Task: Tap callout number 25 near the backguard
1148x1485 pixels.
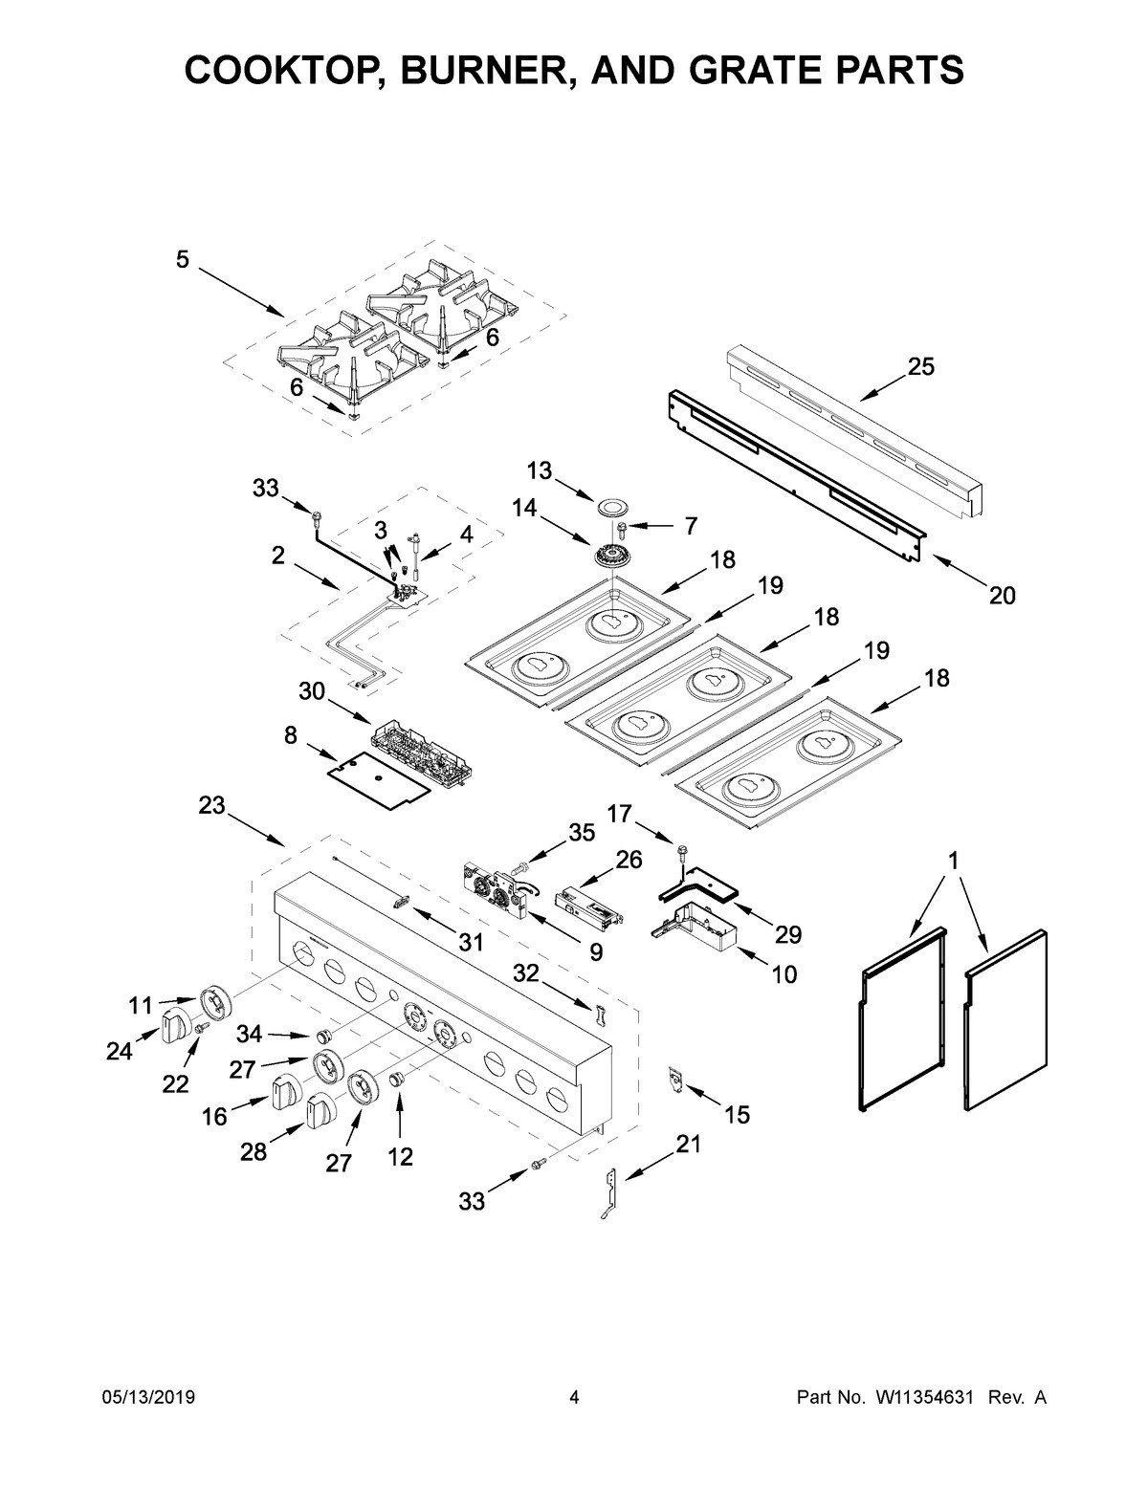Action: point(921,367)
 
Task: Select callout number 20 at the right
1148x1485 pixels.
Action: point(1002,596)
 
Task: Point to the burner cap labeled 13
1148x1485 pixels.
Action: point(610,507)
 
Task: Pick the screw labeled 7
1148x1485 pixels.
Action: point(624,527)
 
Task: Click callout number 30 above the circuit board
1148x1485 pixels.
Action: point(311,689)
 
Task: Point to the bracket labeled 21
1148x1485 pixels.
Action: point(610,1192)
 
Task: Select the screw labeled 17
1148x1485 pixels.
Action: point(681,850)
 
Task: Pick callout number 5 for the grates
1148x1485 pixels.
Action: point(183,259)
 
